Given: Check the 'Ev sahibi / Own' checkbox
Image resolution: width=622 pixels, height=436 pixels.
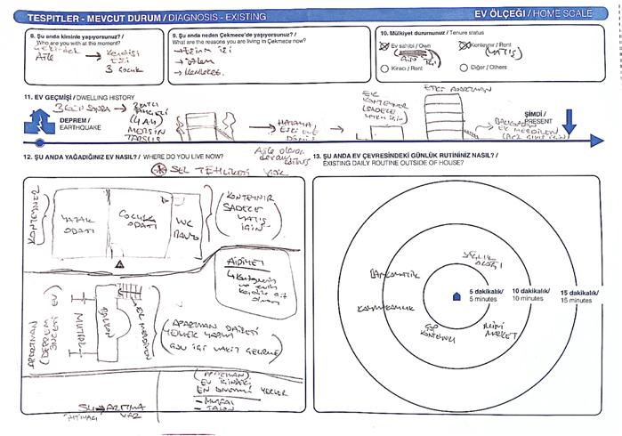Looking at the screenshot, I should point(384,44).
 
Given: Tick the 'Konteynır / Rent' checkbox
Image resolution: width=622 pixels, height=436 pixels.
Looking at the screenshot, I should point(463,44).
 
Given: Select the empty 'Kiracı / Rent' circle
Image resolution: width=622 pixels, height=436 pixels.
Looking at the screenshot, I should point(384,67).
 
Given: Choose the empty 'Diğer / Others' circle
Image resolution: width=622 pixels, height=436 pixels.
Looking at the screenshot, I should point(463,67).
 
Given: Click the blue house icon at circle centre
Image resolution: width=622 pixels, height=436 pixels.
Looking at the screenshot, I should point(456,298).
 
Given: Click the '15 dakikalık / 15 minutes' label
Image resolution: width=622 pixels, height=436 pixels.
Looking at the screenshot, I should point(578,296).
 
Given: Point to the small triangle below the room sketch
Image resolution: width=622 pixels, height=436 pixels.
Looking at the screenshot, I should point(119,264).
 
